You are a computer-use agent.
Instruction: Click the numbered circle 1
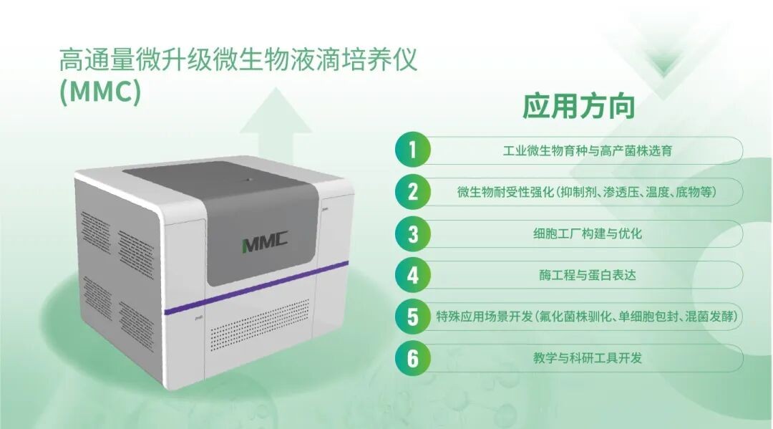[413, 150]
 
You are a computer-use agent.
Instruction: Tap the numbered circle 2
[413, 192]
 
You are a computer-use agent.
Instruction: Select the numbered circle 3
[413, 233]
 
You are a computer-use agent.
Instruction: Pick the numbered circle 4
[413, 275]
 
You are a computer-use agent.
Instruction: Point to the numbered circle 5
[413, 317]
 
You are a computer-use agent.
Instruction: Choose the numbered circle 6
[413, 358]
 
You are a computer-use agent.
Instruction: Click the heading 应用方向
[579, 106]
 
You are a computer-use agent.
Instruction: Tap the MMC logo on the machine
[265, 242]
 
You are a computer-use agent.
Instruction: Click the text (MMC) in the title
[100, 91]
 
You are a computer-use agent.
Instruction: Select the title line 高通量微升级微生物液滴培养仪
[238, 60]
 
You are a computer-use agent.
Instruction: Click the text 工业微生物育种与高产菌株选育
[587, 150]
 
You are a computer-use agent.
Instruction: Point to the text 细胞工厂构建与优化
[587, 233]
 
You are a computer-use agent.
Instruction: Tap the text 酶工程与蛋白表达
[587, 275]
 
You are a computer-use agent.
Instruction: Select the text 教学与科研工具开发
[587, 358]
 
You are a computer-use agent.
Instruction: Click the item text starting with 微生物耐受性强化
[587, 192]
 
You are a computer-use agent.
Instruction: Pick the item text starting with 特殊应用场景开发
[587, 317]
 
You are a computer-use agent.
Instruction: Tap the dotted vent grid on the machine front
[261, 322]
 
